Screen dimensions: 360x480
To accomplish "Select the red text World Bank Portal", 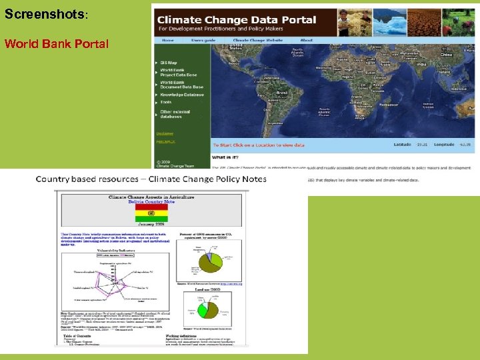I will [x=57, y=44].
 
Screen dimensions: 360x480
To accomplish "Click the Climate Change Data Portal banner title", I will [x=237, y=20].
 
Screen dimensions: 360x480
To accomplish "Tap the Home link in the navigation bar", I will [x=167, y=40].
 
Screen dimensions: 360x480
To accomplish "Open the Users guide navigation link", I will [x=203, y=40].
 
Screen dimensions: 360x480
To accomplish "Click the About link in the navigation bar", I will [x=307, y=40].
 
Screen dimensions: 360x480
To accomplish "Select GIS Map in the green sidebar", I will [x=169, y=63].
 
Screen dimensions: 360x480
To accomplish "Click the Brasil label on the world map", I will [x=282, y=93].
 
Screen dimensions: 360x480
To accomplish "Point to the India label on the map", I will [x=421, y=65].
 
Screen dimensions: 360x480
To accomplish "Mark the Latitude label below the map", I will [x=402, y=144].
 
